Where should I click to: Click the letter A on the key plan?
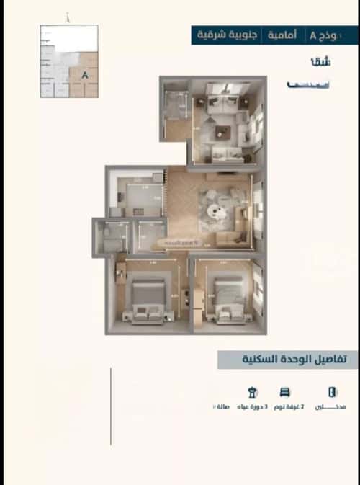click(x=86, y=74)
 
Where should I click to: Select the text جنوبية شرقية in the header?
click(x=321, y=35)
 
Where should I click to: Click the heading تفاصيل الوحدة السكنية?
click(x=288, y=360)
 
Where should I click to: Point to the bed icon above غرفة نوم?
click(x=285, y=393)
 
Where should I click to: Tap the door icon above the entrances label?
click(x=331, y=393)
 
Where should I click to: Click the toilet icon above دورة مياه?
click(x=252, y=393)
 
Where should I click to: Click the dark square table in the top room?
click(x=222, y=131)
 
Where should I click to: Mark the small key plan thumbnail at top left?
click(x=68, y=61)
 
